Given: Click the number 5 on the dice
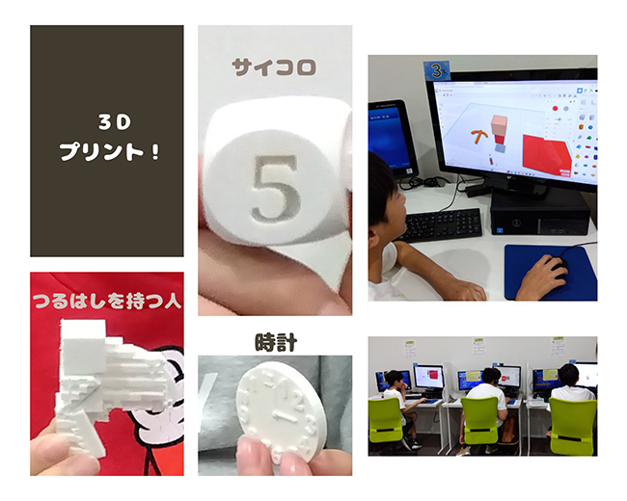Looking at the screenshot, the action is (275, 188).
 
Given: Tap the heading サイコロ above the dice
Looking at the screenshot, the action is (274, 67).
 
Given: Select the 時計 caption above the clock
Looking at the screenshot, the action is (276, 342).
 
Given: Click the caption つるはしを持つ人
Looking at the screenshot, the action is (107, 301).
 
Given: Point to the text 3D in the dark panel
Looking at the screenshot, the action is (115, 122).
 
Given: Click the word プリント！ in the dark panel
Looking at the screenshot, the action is (110, 151).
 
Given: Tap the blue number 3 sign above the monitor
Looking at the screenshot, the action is (437, 71).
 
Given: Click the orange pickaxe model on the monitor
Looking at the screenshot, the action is (478, 136).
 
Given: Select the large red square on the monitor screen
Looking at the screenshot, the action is (545, 154).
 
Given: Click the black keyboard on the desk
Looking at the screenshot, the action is (443, 224).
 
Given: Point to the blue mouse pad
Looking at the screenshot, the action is (551, 273).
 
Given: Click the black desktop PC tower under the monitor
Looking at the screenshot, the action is (540, 214).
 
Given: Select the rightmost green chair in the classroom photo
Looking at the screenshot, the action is (572, 426).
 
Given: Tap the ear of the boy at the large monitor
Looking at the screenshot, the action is (373, 239).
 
